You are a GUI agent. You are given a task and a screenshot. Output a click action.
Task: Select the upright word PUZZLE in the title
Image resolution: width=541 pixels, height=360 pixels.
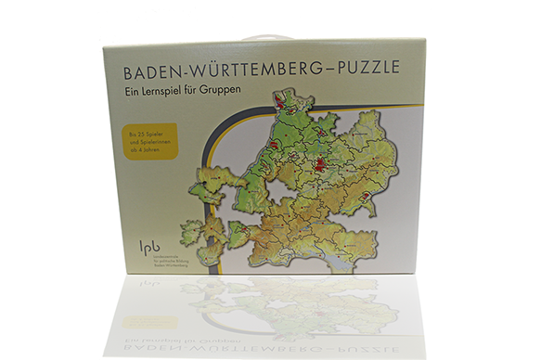point(370,69)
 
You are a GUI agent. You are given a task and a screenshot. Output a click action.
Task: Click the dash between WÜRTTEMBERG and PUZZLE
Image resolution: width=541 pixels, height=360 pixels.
point(328,70)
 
